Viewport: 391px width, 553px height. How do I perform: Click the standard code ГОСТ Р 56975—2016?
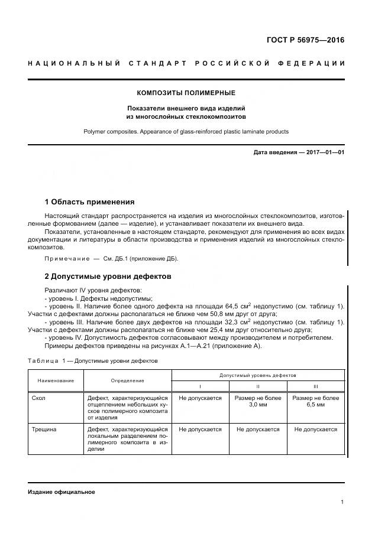(305, 41)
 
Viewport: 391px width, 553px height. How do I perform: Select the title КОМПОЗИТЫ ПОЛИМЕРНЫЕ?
(186, 93)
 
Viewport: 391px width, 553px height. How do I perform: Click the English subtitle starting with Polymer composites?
(186, 132)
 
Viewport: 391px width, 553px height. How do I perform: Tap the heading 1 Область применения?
(90, 202)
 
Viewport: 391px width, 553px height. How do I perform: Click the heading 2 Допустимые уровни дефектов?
(108, 276)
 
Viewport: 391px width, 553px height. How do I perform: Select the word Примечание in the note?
(65, 259)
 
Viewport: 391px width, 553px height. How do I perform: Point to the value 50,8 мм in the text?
(215, 314)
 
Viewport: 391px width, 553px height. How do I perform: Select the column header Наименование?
(56, 380)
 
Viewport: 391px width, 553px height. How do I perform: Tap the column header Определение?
(127, 380)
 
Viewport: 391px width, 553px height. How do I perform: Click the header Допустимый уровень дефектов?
(258, 375)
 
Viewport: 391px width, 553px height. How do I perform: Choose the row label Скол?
(38, 398)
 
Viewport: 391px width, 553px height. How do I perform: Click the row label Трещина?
(44, 430)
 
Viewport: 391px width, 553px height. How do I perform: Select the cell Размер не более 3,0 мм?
(258, 402)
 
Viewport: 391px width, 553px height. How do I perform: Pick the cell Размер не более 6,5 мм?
(316, 402)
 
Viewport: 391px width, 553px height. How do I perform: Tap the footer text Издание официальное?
(62, 492)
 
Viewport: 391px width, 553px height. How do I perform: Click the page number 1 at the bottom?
(342, 502)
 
